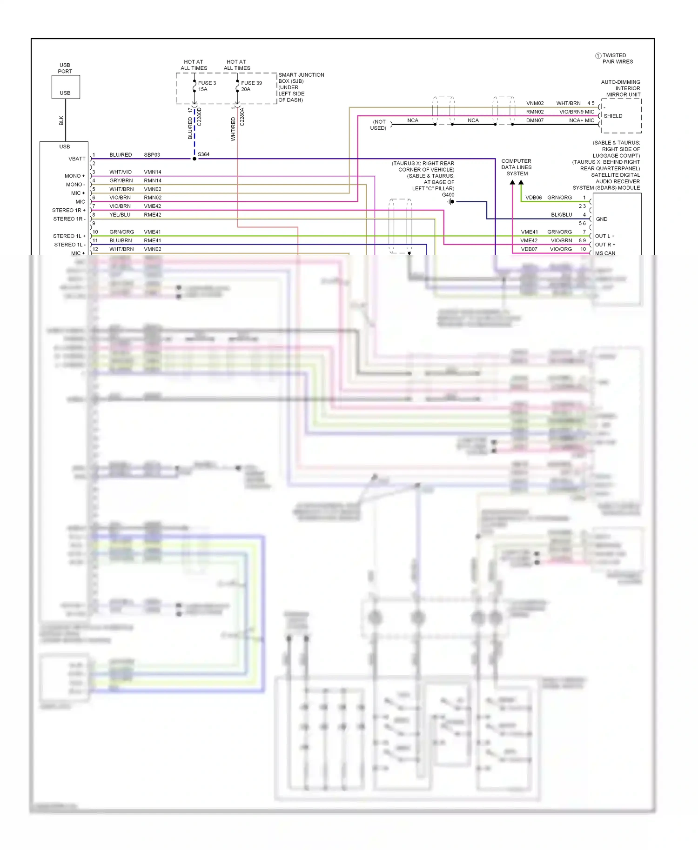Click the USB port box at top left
tap(65, 87)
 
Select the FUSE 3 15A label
tap(207, 86)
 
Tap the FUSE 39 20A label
tap(251, 86)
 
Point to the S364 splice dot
tap(195, 159)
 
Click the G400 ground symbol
tap(451, 202)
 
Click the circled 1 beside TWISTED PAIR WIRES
tap(598, 56)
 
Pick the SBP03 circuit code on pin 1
tap(152, 155)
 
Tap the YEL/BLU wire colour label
tap(120, 215)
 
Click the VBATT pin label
tap(77, 159)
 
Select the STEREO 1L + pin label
tap(69, 236)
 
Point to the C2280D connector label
tap(199, 117)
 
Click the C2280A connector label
tap(242, 117)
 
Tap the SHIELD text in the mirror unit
tap(613, 116)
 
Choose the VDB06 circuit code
tap(533, 198)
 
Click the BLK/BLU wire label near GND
tap(561, 215)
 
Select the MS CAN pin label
tap(605, 253)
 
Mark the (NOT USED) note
tap(378, 125)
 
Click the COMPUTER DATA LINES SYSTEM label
tap(516, 167)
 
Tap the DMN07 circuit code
tap(535, 120)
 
